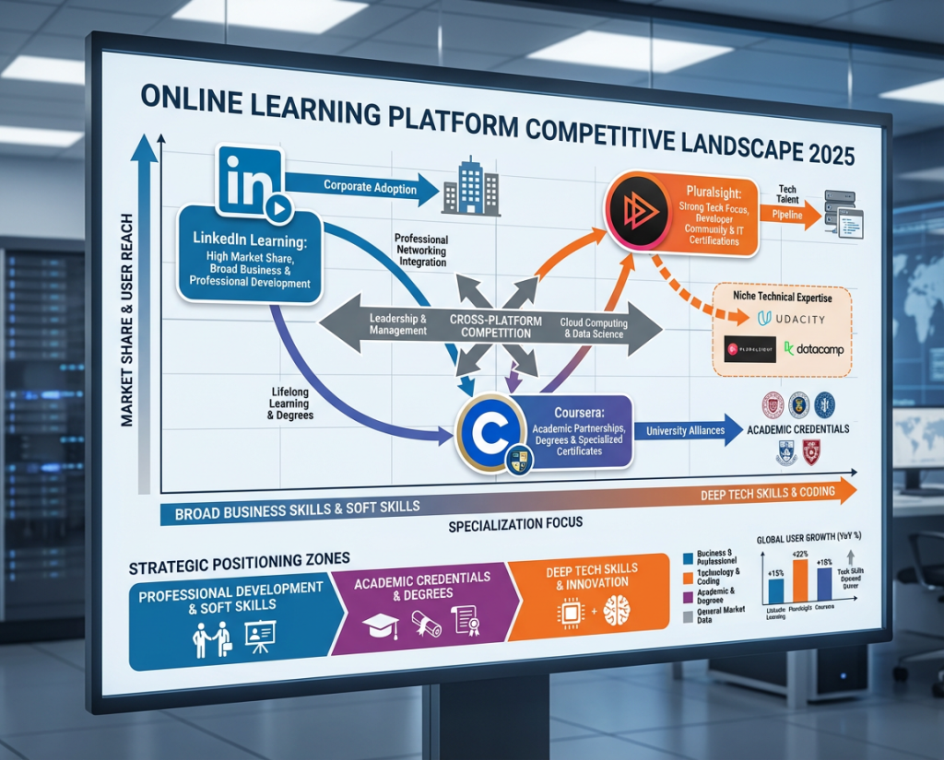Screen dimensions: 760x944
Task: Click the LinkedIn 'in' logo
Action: (247, 178)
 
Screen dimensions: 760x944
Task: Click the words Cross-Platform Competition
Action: (490, 324)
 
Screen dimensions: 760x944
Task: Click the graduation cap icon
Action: (379, 625)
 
